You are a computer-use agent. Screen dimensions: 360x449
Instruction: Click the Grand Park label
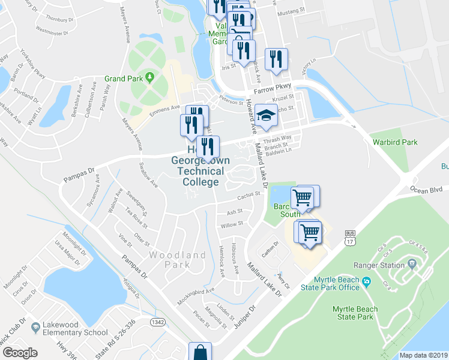124,79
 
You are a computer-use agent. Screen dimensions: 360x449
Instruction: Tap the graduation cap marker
265,115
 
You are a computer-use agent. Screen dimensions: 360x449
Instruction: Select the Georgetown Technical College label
197,166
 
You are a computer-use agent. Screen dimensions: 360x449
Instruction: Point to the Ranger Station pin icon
412,263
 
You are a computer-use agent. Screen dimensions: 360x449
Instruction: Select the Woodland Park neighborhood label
178,260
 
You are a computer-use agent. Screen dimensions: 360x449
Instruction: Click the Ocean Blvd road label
426,190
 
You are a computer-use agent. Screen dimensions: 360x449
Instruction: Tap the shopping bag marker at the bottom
199,352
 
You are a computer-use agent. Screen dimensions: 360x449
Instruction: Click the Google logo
20,353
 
